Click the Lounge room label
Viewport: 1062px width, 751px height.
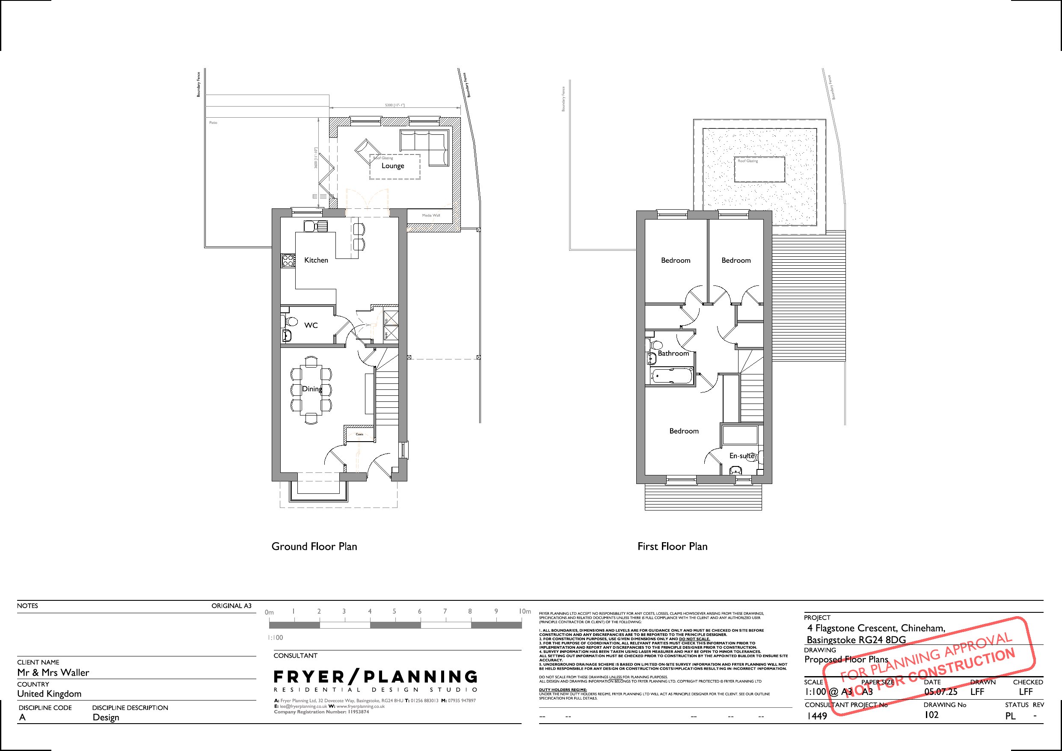[393, 166]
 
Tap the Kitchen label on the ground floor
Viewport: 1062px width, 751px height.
[316, 260]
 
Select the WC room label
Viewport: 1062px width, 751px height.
[311, 325]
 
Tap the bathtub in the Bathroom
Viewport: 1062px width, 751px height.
[672, 376]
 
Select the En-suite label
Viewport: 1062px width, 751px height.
[742, 456]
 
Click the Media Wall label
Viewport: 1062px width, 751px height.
[430, 216]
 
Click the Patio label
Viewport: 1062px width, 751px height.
[213, 123]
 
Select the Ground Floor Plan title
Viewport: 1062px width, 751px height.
[314, 546]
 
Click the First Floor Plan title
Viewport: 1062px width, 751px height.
[672, 546]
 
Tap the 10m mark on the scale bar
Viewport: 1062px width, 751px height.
[525, 611]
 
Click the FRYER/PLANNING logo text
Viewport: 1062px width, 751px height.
[375, 677]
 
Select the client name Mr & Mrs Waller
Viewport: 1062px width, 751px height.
[53, 672]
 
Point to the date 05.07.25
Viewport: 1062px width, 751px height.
[940, 692]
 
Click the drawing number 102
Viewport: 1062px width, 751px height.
[931, 715]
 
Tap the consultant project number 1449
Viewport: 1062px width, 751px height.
[816, 716]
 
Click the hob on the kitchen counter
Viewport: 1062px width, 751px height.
[288, 261]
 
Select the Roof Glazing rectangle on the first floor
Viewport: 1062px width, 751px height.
[759, 170]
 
